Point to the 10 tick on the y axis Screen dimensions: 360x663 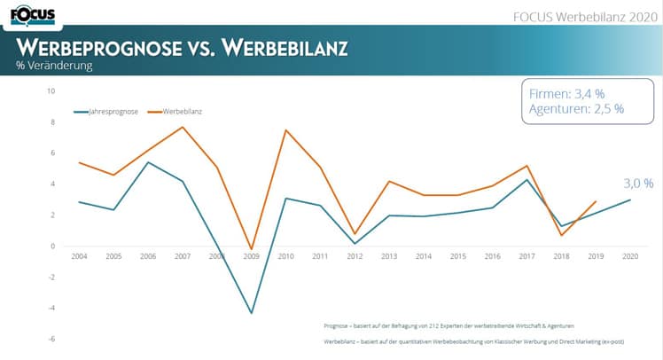coord(51,91)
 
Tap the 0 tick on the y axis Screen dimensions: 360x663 coord(53,247)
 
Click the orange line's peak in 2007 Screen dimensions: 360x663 coord(182,127)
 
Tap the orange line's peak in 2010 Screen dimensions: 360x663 coord(286,130)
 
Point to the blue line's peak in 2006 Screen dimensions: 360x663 coord(147,162)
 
